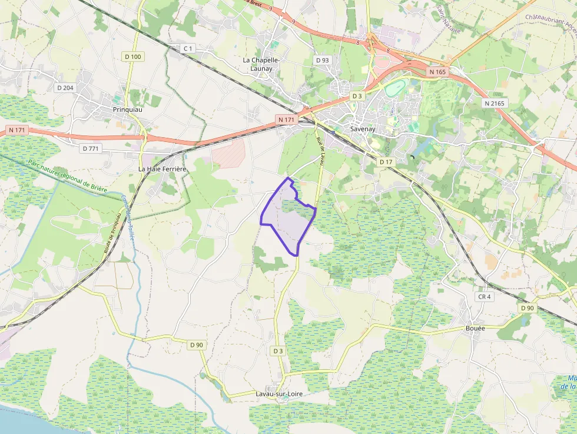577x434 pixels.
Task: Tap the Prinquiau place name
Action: coord(128,110)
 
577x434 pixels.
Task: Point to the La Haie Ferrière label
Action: coord(162,169)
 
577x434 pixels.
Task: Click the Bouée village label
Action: coord(475,328)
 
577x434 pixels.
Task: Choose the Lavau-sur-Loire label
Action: coord(279,393)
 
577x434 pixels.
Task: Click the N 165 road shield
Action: coord(438,72)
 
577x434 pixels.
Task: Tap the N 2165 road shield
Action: coord(493,103)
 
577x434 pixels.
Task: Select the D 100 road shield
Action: coord(133,57)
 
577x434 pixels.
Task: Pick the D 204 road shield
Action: coord(65,88)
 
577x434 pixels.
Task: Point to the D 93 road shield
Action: coord(322,60)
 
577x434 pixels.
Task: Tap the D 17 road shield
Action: coord(386,161)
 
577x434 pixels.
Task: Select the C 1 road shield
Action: coord(188,48)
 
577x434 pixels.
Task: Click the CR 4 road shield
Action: coord(484,297)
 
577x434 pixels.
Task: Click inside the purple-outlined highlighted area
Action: coord(287,221)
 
